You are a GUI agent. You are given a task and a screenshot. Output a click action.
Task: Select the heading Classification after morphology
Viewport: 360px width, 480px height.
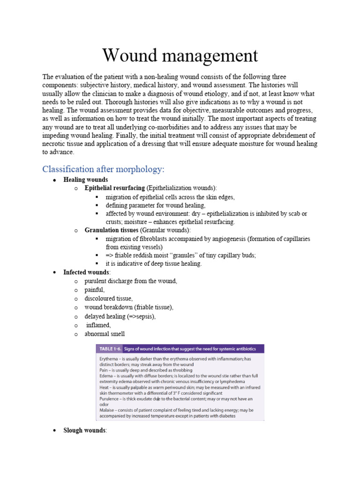103,169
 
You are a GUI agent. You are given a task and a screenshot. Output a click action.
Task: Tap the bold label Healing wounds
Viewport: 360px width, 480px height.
86,180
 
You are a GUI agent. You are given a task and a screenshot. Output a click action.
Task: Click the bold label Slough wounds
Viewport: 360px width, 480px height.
85,430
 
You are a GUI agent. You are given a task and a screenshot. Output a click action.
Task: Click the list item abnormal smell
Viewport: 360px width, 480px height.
105,334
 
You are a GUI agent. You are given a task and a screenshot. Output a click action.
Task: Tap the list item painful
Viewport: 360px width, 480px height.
95,290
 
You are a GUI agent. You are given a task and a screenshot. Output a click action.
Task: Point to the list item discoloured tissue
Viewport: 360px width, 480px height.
109,299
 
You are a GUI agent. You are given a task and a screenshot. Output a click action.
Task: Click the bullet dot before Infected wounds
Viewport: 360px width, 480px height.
55,273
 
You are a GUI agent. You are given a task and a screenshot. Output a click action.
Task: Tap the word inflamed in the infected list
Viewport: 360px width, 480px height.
98,325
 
